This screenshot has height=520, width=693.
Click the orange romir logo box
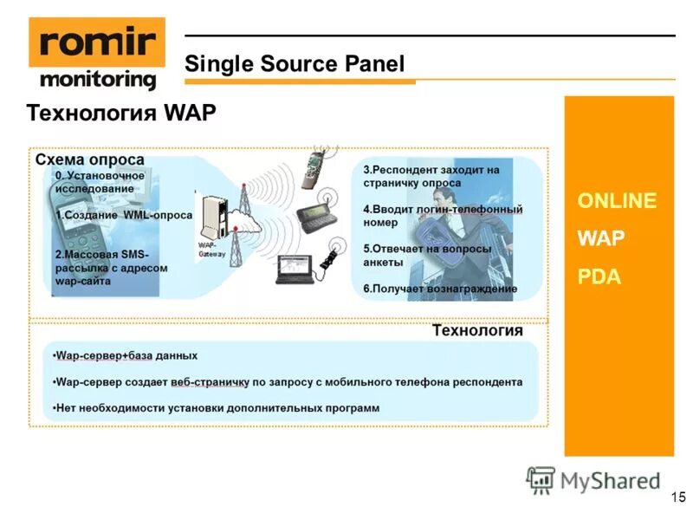tap(96, 42)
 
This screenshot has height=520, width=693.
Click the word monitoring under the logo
tap(98, 80)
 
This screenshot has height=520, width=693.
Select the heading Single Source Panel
tap(295, 63)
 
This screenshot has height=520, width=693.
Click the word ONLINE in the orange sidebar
tap(617, 201)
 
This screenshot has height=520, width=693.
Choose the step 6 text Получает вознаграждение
tap(440, 288)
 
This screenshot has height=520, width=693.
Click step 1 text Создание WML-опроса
tap(123, 215)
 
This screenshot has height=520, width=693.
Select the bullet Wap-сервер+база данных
tap(126, 355)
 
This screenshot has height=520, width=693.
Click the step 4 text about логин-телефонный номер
tap(442, 215)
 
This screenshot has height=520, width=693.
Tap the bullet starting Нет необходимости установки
tap(217, 407)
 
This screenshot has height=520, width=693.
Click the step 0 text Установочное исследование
tap(99, 182)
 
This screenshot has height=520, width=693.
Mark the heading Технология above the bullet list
tap(477, 331)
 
